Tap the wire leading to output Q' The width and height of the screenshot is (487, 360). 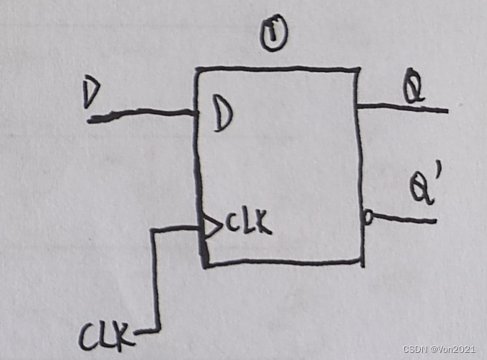404,218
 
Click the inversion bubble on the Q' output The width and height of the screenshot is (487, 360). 367,215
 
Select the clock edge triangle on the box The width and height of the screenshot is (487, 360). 210,227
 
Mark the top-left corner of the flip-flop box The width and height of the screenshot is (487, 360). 196,70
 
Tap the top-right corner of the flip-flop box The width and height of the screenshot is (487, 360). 359,70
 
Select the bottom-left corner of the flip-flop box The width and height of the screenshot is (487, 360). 206,265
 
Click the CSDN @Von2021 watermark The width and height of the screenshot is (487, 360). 439,349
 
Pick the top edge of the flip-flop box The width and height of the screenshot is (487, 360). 278,69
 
